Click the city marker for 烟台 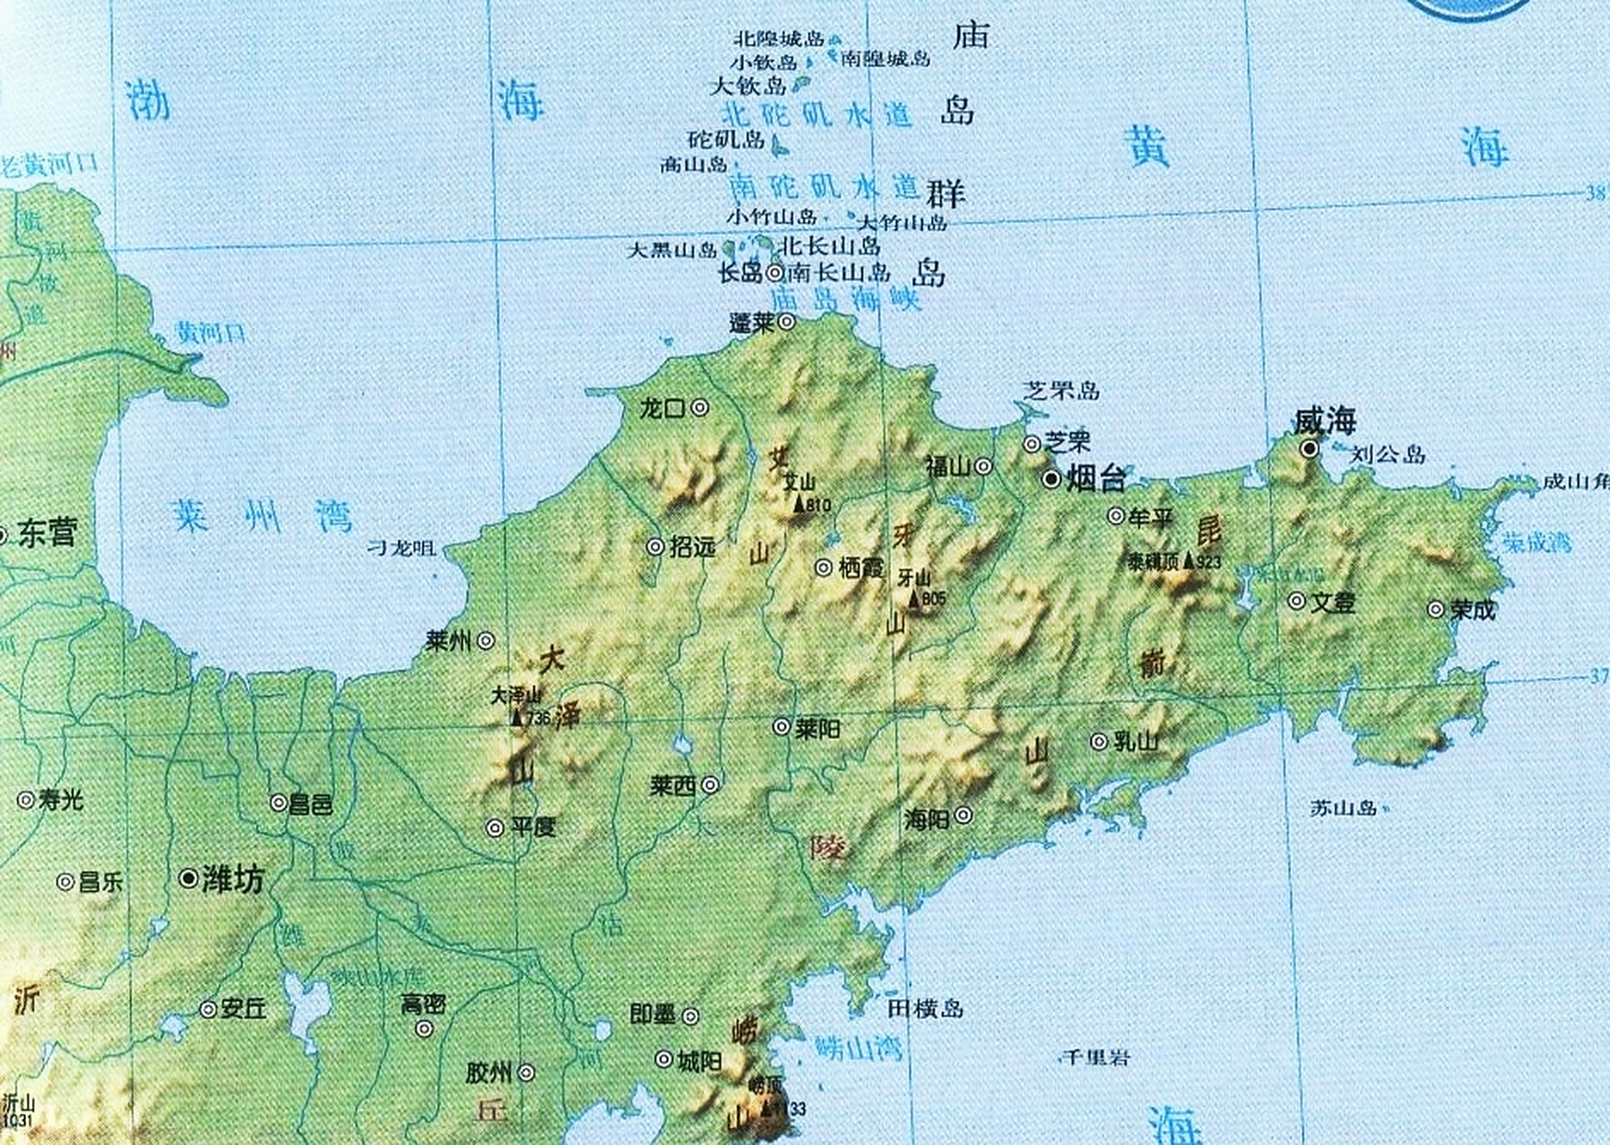tap(1052, 480)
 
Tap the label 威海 tap(1325, 420)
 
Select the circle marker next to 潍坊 tap(189, 878)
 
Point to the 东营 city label tap(47, 534)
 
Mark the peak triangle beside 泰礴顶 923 tap(1189, 561)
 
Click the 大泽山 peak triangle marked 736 tap(517, 717)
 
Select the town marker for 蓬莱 tap(786, 322)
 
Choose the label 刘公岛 tap(1387, 454)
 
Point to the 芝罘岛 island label tap(1061, 390)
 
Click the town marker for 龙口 tap(700, 408)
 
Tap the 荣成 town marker tap(1436, 610)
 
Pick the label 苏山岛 tap(1343, 808)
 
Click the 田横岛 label tap(926, 1009)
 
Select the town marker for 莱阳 tap(782, 727)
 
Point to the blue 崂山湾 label tap(858, 1047)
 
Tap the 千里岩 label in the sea tap(1097, 1057)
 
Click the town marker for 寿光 tap(26, 800)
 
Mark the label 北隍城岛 tap(778, 39)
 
